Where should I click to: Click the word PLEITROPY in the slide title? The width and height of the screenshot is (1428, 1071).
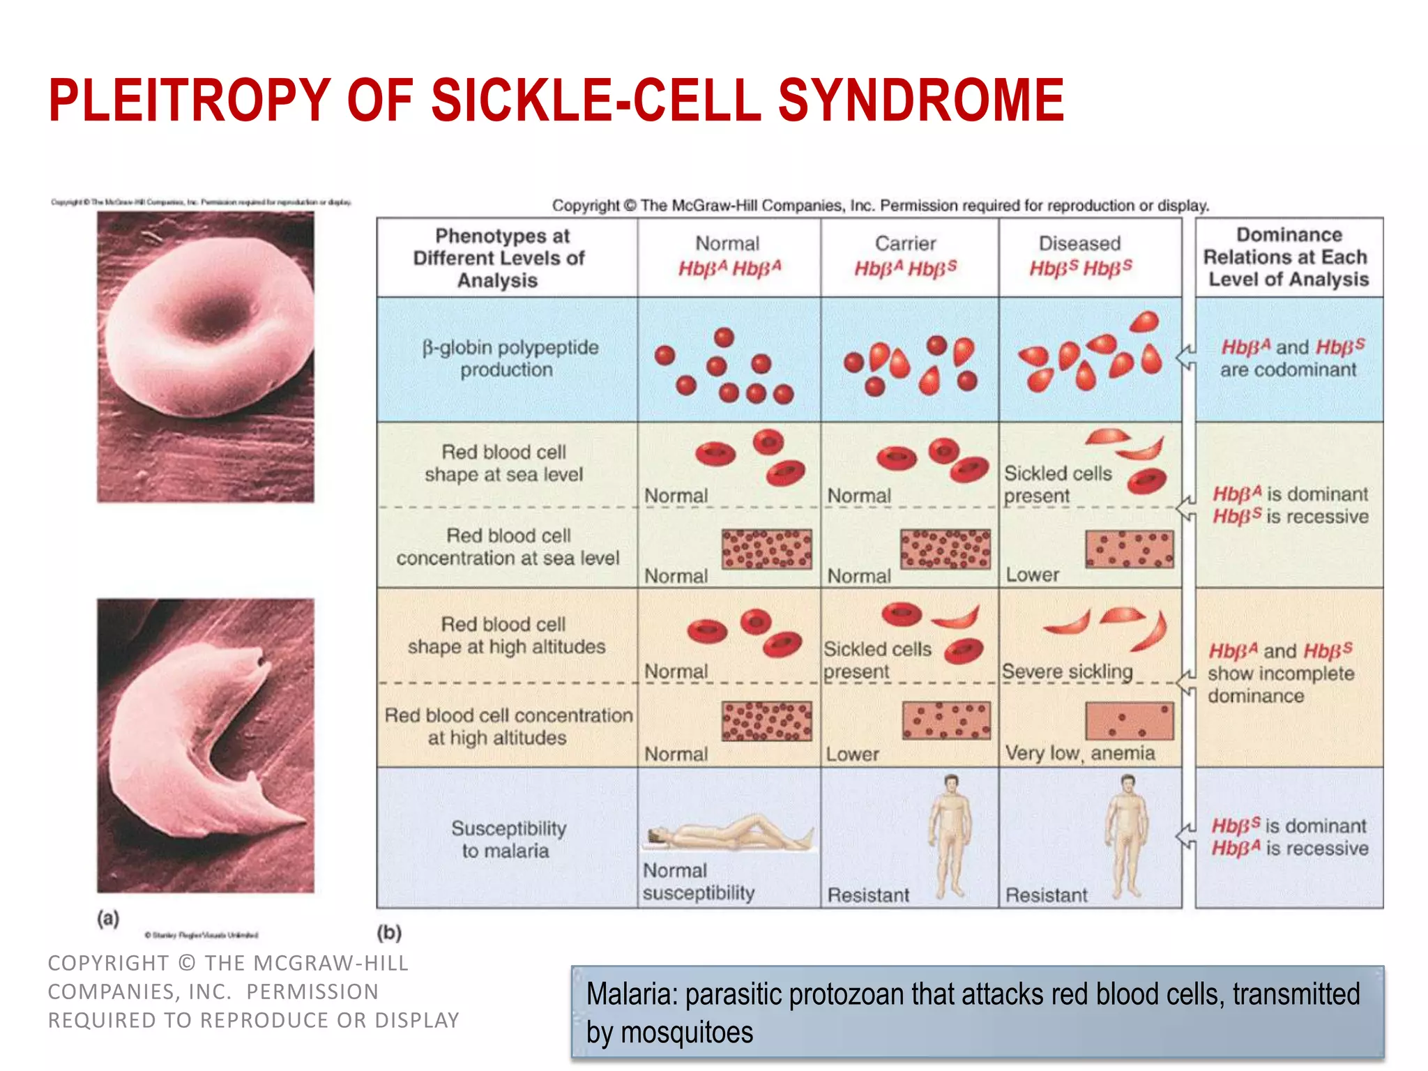pos(189,101)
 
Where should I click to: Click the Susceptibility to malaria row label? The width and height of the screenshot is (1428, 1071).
pos(508,840)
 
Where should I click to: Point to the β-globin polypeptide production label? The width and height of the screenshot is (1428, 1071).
pos(510,358)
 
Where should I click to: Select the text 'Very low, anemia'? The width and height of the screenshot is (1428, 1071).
pos(1079,753)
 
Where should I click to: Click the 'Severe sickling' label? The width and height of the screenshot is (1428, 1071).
pos(1067,671)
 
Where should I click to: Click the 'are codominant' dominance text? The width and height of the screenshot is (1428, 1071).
pos(1288,370)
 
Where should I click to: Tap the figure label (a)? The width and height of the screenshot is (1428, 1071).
pos(108,918)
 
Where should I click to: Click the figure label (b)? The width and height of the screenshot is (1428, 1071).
pos(389,932)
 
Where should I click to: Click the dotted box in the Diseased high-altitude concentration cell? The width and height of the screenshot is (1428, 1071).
pos(1129,720)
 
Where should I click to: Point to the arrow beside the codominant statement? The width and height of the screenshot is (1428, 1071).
pos(1186,358)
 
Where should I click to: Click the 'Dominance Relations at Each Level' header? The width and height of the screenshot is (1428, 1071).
pos(1288,257)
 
